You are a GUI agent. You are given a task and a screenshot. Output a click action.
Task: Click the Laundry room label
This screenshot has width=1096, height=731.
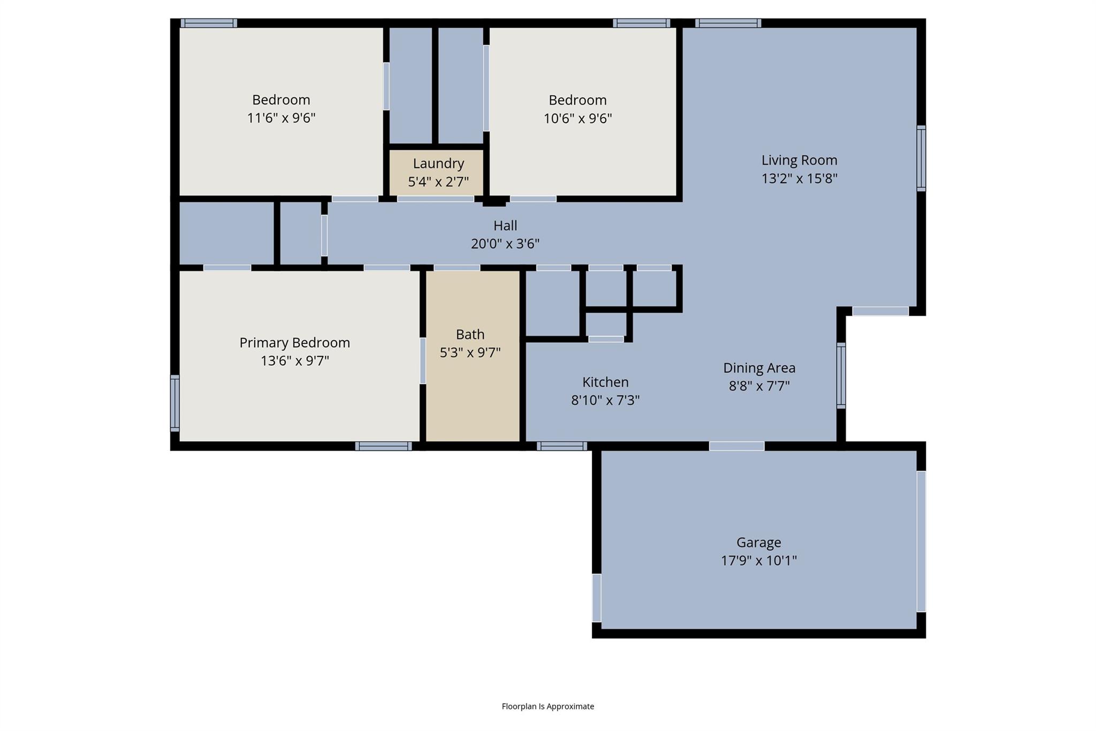point(438,163)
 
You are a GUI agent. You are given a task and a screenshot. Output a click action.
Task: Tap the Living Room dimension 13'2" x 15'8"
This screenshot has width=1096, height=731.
point(799,178)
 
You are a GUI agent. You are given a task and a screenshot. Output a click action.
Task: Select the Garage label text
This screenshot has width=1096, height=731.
point(758,542)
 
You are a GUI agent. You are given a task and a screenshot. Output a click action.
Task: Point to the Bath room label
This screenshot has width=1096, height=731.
point(470,334)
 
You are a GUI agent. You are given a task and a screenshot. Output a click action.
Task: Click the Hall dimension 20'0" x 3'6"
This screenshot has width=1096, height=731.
point(505,244)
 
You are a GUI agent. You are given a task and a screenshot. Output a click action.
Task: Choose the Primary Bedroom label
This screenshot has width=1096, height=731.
point(294,343)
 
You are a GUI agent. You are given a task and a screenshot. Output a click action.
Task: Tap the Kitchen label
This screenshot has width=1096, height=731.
point(605,382)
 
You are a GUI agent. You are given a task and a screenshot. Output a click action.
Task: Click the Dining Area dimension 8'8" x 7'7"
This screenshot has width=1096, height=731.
point(759,386)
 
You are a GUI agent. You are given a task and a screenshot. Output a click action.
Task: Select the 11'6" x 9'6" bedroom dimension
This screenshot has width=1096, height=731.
point(281,118)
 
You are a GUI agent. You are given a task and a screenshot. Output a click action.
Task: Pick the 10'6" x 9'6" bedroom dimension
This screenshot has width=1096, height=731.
point(577,118)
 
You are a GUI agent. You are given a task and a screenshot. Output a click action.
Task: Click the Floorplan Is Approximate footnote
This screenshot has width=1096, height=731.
point(547,706)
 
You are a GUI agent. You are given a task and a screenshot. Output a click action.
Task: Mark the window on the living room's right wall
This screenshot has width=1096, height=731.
point(921,158)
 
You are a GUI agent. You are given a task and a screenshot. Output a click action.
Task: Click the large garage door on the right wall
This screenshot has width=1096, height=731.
point(921,541)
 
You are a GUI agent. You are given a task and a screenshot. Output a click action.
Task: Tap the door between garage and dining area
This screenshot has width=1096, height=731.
point(736,446)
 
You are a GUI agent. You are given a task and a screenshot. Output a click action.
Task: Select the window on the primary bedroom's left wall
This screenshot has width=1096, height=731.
point(175,403)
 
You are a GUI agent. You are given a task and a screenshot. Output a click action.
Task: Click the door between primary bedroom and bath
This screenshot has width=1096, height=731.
point(423,360)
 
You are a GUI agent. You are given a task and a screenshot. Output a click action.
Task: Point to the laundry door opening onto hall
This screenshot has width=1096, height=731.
point(435,199)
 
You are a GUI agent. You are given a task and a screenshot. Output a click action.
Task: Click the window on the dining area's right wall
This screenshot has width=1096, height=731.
point(841,375)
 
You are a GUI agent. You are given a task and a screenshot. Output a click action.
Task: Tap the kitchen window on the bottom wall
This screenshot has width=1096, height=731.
point(561,446)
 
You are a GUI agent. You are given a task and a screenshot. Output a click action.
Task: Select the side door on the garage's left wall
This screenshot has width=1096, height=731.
point(596,598)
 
